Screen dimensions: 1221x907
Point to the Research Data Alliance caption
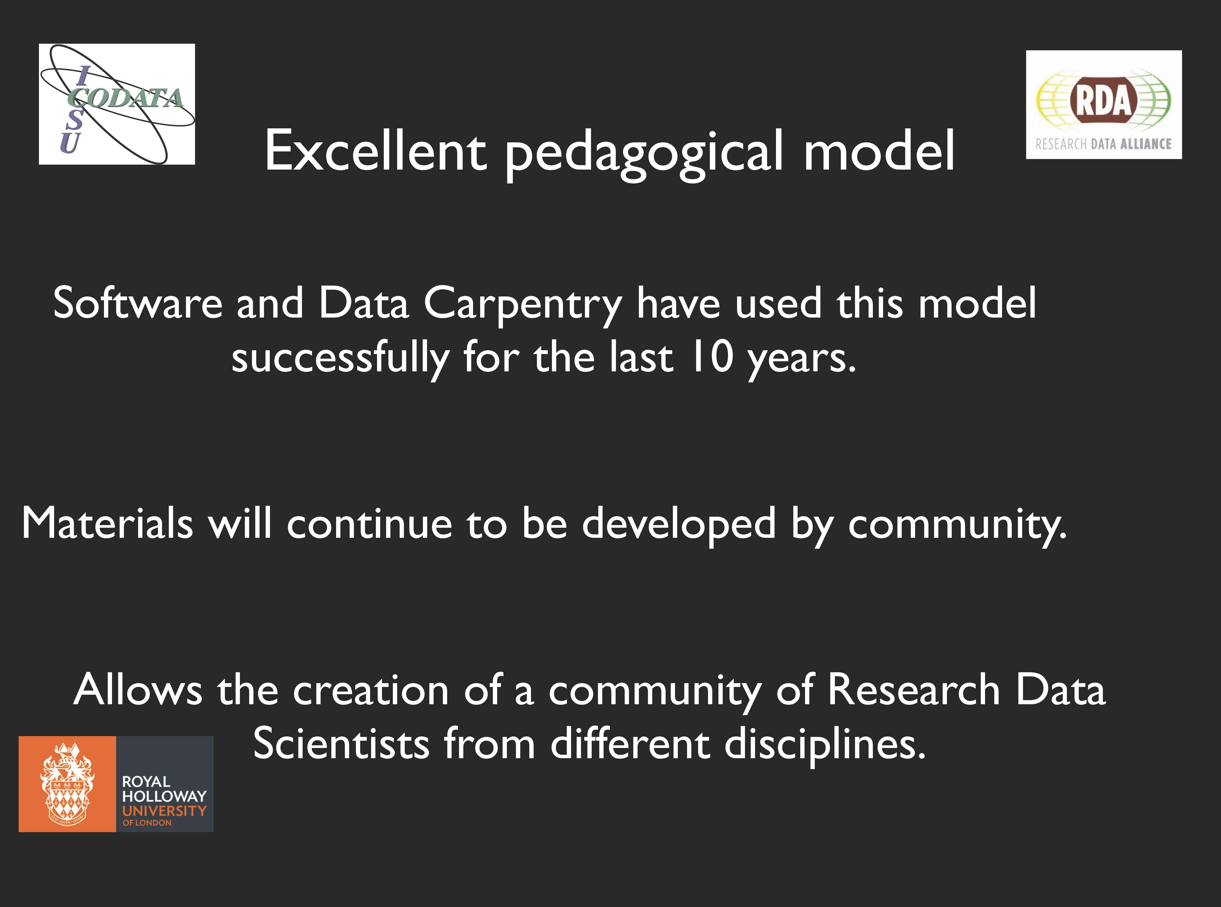point(1104,144)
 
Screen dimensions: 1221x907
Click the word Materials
point(108,523)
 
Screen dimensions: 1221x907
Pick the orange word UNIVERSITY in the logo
point(164,811)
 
